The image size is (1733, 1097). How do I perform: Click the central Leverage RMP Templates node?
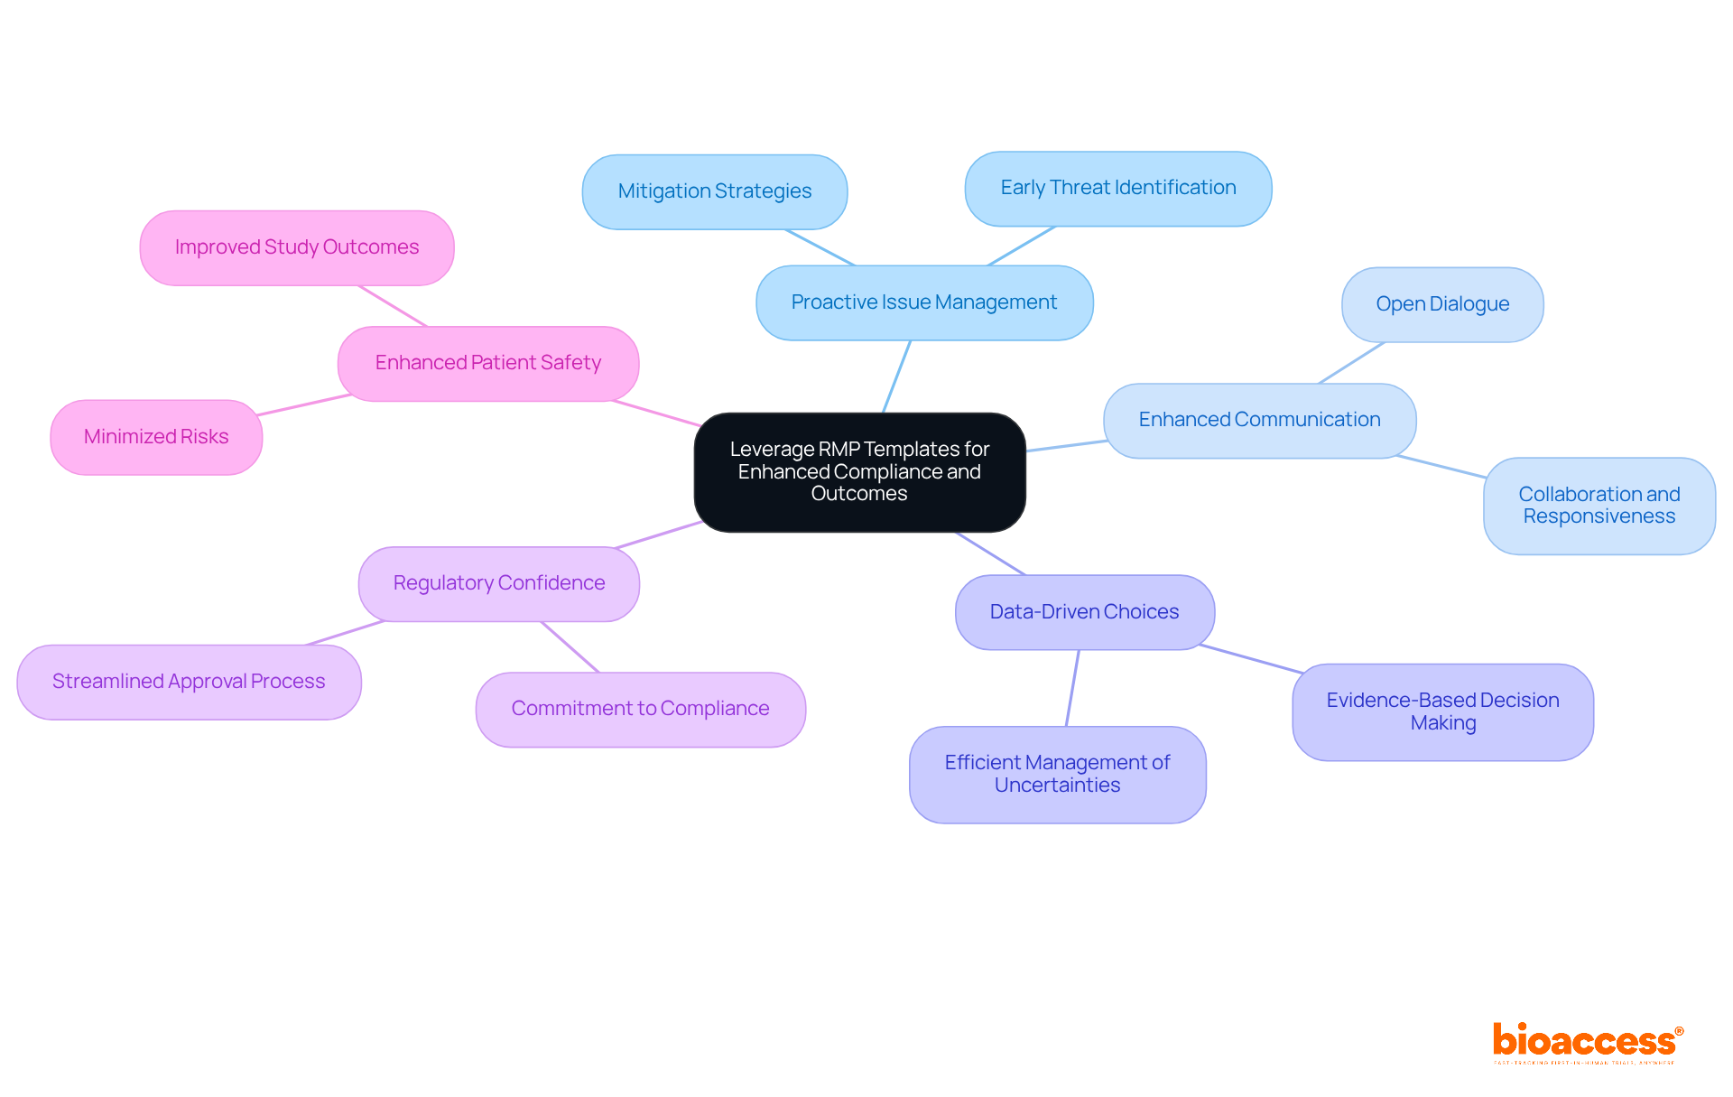(859, 471)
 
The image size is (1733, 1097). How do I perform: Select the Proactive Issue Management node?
(923, 302)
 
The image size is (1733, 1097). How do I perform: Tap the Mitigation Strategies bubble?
(714, 191)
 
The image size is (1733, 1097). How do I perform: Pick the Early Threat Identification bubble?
(1117, 188)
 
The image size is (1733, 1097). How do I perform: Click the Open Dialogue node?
(1441, 304)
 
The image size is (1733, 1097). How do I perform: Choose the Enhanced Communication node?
(1259, 420)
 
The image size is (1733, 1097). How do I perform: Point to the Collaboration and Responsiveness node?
(1599, 506)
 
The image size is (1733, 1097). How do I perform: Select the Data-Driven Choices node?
(1084, 612)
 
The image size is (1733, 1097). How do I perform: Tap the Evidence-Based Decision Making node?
(1442, 711)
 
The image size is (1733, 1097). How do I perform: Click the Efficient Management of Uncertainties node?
(1057, 774)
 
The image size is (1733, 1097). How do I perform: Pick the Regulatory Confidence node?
(498, 583)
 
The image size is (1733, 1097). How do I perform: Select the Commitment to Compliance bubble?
(640, 709)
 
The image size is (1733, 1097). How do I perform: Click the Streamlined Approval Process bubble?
(189, 682)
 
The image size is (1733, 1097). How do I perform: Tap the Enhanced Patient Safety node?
(487, 363)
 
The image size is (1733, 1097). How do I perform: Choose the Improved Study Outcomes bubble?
(296, 247)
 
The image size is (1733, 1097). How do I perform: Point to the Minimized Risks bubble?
(156, 437)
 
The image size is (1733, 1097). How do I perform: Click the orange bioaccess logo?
(1586, 1041)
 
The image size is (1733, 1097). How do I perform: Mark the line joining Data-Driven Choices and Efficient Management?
(1072, 688)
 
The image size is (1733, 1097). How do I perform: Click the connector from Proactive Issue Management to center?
(896, 377)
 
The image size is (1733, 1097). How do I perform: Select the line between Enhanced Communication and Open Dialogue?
(1351, 363)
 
